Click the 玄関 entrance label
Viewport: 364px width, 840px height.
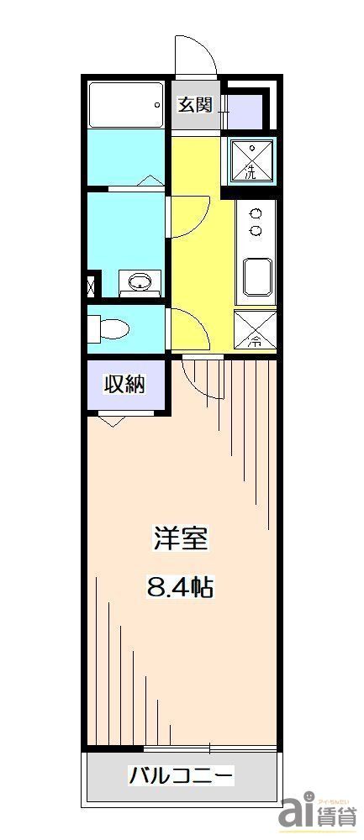pos(193,105)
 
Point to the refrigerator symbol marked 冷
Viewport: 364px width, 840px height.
pos(255,330)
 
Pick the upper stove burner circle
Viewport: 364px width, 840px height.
pos(256,213)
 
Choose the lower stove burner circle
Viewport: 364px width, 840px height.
pos(256,230)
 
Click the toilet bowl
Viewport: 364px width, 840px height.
pos(109,327)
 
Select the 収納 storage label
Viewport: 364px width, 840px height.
pos(124,385)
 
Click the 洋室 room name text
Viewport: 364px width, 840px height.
pos(180,538)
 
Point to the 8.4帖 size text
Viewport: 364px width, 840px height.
pos(180,586)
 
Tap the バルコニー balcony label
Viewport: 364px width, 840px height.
pos(180,774)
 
